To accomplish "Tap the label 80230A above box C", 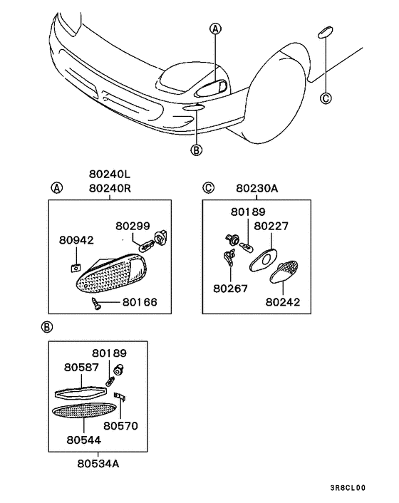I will tap(256, 189).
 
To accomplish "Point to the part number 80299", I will tap(133, 226).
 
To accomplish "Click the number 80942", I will tap(76, 241).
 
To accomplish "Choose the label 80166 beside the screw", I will tap(140, 302).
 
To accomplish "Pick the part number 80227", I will tap(271, 226).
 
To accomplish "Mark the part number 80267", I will tap(230, 289).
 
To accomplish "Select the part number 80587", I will tap(81, 368).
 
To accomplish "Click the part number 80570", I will tap(120, 426).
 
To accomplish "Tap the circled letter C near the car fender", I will tap(326, 99).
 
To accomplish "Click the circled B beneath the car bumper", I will tap(196, 149).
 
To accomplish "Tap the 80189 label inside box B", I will tap(108, 353).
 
